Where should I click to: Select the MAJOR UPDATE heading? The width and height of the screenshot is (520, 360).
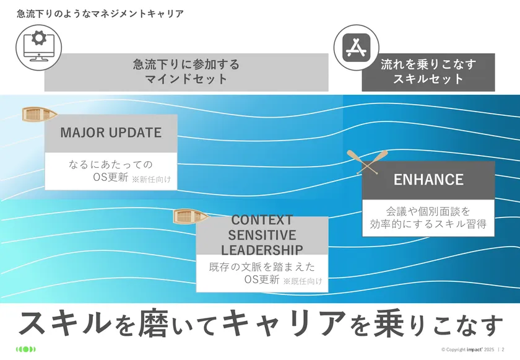pos(111,133)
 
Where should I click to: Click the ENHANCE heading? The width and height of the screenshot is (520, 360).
pos(428,180)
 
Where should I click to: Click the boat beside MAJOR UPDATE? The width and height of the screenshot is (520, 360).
pos(40,114)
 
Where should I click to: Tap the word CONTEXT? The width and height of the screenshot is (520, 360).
pos(261,220)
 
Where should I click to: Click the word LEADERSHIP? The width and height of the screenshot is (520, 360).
pos(262,250)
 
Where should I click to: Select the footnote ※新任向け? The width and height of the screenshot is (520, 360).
pos(151,180)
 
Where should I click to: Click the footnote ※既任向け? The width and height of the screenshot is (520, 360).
pos(303,281)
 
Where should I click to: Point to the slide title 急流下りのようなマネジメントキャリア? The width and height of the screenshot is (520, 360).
pos(100,14)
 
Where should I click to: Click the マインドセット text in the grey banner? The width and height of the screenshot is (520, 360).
pos(186,79)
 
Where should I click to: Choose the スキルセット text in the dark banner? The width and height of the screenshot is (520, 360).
pos(428,79)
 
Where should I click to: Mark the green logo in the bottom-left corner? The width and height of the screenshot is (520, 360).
pos(25,349)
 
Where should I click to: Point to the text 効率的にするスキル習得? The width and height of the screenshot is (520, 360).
pos(428,224)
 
